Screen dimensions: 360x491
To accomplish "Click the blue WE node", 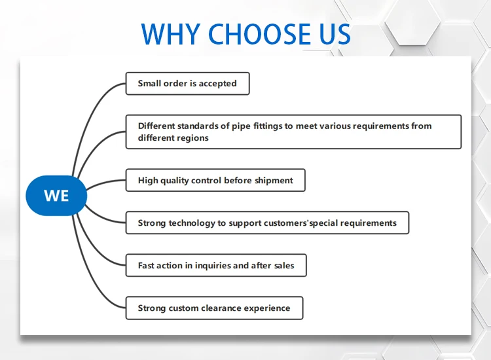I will pos(56,196).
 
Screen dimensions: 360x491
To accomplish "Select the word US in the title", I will pos(333,34).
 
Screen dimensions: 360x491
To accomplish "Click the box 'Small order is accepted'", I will pos(187,84).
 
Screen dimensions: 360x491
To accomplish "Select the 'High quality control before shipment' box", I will pos(215,180).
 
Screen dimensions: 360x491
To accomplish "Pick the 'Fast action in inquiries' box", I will pos(216,266).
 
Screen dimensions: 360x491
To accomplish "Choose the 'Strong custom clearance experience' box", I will pos(214,308).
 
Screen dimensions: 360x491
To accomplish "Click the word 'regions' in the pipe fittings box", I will pos(192,138).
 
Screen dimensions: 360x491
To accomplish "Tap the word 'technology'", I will pos(192,223).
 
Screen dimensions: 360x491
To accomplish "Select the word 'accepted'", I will pos(217,84).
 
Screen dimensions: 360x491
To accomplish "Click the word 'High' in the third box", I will pos(147,180).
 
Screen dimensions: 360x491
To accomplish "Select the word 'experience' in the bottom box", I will pos(268,308).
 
